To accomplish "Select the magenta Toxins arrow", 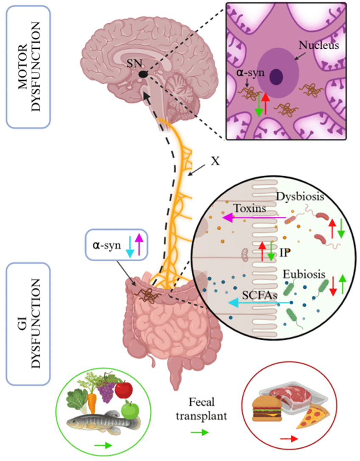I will tap(254, 218).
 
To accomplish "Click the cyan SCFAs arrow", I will tap(259, 302).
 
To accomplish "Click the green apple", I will tap(130, 411).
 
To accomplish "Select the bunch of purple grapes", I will tap(106, 390).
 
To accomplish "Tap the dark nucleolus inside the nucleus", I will tap(277, 77).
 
